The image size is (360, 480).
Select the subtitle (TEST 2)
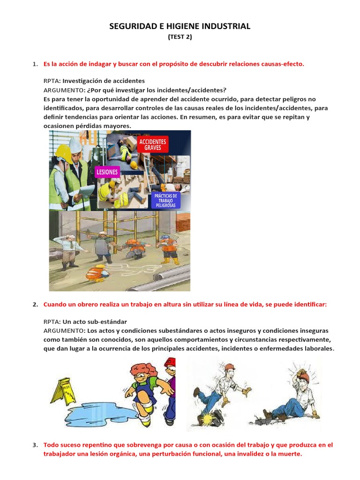[x=180, y=38]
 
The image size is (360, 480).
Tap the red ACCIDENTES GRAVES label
[x=152, y=144]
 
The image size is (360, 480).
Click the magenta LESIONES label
[x=107, y=172]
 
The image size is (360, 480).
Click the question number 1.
[x=35, y=64]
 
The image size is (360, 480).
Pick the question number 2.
[x=35, y=305]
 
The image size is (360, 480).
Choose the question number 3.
[x=35, y=445]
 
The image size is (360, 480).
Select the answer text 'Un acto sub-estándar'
[x=90, y=322]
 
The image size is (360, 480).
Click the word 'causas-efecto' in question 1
[x=283, y=64]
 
